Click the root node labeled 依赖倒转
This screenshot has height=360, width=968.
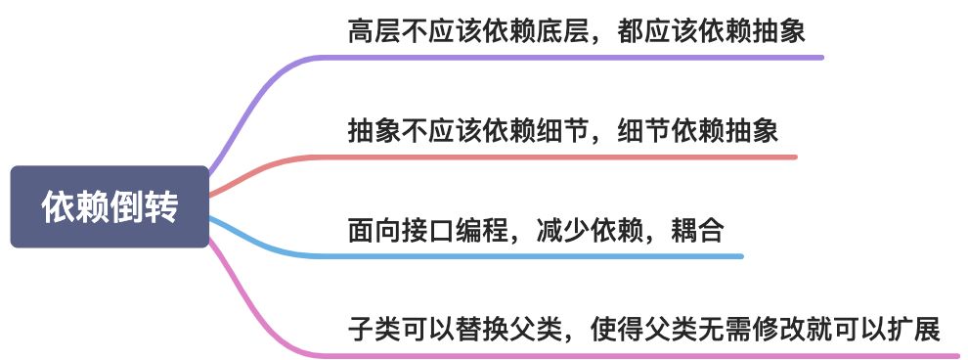[110, 207]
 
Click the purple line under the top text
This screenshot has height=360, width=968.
[587, 57]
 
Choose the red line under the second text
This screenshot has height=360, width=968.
[567, 157]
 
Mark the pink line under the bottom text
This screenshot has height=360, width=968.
[636, 354]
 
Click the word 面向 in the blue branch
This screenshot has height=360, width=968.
[369, 232]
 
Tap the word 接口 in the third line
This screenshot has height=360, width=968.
[423, 232]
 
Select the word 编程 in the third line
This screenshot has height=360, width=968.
[478, 232]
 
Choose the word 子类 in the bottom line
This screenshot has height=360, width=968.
[369, 330]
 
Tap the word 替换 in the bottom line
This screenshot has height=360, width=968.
[478, 330]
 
